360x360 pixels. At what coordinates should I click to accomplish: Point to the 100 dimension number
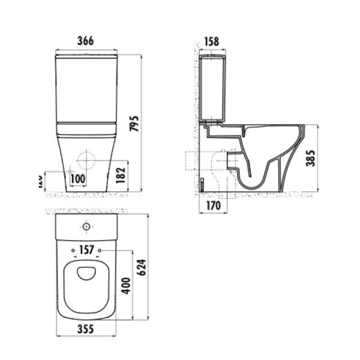click(x=77, y=178)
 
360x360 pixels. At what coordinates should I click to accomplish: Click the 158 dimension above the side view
click(x=211, y=42)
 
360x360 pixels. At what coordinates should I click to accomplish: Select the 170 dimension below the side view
click(x=213, y=206)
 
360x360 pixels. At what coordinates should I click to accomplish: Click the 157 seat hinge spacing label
click(x=86, y=249)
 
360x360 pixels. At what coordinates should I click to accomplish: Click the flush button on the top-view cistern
click(x=86, y=227)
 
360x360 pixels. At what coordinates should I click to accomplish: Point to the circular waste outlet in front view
click(x=86, y=160)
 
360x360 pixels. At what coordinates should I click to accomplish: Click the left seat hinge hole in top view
click(x=73, y=249)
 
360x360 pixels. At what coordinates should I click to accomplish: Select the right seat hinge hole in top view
click(x=100, y=249)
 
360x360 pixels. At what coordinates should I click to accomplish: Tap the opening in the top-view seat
click(x=87, y=273)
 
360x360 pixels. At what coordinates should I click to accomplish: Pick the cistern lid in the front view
click(x=86, y=58)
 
